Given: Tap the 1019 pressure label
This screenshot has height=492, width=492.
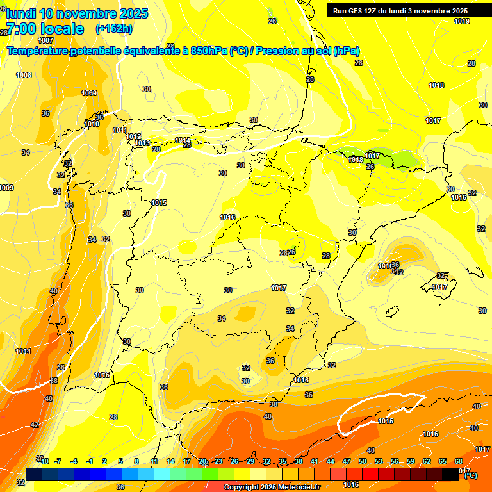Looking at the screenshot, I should point(462,21).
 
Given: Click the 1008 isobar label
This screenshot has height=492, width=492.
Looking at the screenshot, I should point(24,75).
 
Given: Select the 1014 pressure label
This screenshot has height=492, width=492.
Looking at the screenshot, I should point(24,351).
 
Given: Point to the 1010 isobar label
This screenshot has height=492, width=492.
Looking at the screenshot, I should point(92,124).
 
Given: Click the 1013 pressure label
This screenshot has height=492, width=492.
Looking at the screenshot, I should point(142,143).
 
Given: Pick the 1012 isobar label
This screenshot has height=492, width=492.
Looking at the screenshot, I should point(133,136).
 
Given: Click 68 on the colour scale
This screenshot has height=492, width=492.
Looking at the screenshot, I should point(459,461).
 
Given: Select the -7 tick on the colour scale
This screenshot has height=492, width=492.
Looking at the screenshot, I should point(57,461).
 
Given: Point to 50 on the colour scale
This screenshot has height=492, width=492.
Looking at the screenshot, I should point(362,461).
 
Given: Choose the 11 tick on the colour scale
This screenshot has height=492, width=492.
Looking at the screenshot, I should point(154,461).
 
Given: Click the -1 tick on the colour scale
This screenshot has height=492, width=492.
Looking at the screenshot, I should point(89,461).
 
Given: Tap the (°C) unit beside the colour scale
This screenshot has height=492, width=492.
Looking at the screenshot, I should point(470,475).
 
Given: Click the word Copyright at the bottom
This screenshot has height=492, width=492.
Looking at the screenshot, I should point(243,488).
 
